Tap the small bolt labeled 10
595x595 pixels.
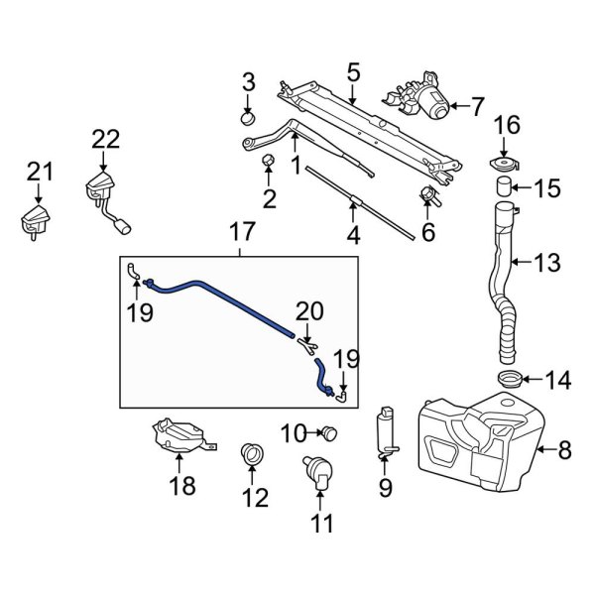328,431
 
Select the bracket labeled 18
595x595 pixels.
179,437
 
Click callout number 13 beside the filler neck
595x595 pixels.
546,263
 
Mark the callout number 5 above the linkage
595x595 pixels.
353,71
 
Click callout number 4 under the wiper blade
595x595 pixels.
353,237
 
